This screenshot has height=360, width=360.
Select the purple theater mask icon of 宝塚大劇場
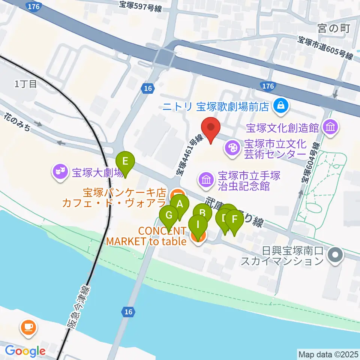(60, 172)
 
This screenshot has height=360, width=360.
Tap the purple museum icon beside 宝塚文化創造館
(331, 128)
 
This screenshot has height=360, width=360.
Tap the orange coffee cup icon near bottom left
(28, 327)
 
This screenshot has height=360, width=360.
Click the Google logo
(25, 351)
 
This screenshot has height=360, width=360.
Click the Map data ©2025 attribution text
(328, 354)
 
